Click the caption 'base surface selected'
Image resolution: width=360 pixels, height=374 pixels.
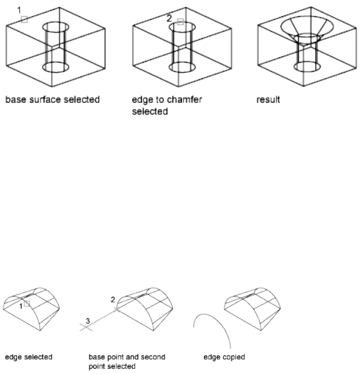click(52, 100)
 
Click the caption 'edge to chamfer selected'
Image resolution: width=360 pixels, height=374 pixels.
click(166, 105)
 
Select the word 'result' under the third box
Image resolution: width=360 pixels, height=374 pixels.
click(268, 100)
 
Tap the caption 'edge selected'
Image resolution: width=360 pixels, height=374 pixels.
click(29, 357)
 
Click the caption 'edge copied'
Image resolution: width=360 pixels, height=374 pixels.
click(224, 357)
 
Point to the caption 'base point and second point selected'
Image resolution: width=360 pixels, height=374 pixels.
click(127, 361)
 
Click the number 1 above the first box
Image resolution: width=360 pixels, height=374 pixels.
click(19, 10)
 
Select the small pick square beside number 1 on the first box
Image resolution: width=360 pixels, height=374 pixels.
click(24, 19)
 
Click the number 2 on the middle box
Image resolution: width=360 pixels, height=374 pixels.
click(169, 19)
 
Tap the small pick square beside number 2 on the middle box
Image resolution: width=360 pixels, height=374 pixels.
click(180, 21)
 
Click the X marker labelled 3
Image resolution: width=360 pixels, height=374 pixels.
click(86, 327)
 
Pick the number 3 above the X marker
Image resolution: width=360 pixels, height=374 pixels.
click(87, 320)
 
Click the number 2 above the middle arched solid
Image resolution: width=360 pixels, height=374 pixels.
click(113, 299)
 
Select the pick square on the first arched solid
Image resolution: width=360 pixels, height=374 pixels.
click(26, 304)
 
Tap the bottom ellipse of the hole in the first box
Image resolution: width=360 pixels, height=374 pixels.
click(56, 67)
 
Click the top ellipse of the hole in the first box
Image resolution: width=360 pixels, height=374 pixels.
click(56, 27)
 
